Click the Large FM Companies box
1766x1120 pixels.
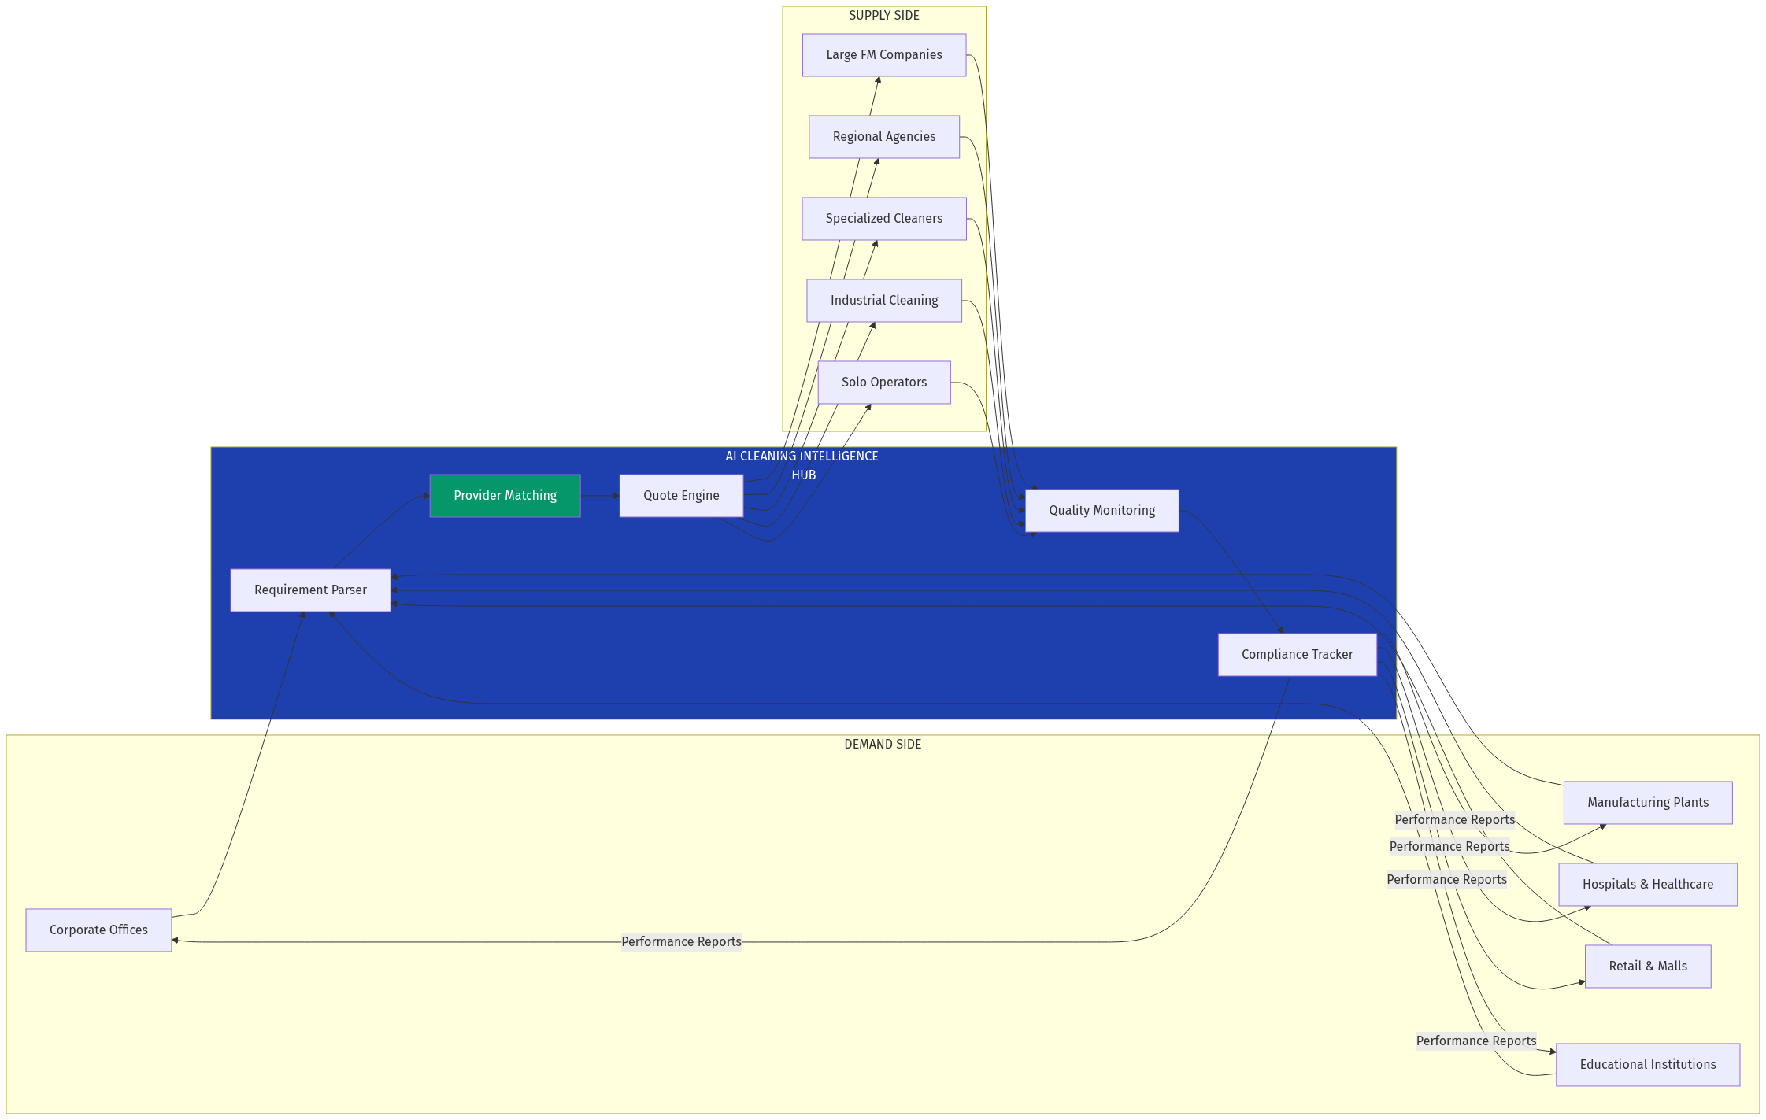tap(883, 55)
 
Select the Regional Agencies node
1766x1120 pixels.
tap(883, 137)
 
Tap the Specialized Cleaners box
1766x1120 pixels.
tap(883, 219)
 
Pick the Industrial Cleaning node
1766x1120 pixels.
tap(883, 301)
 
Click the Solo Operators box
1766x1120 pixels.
tap(883, 383)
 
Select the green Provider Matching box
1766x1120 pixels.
tap(505, 496)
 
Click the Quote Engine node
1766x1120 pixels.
tap(680, 496)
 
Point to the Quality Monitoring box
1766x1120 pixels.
tap(1101, 511)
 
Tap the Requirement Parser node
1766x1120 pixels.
tap(310, 590)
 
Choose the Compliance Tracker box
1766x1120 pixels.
tap(1297, 655)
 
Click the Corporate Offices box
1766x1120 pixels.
tap(98, 930)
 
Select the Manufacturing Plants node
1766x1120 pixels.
tap(1647, 803)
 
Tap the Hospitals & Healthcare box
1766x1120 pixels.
tap(1647, 885)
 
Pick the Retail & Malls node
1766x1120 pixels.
tap(1647, 967)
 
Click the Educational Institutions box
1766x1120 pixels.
tap(1647, 1065)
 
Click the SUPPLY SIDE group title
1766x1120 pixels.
tap(883, 16)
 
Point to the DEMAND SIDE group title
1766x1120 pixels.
tap(882, 745)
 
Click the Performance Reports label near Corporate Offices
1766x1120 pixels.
tap(681, 942)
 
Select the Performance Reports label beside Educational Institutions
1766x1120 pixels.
tap(1475, 1041)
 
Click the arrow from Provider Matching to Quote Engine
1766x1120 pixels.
tap(600, 496)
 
